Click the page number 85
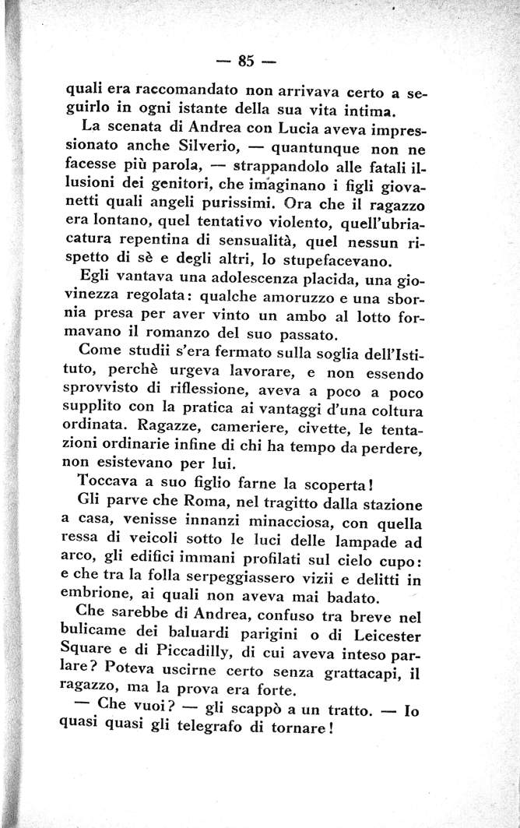(248, 60)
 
